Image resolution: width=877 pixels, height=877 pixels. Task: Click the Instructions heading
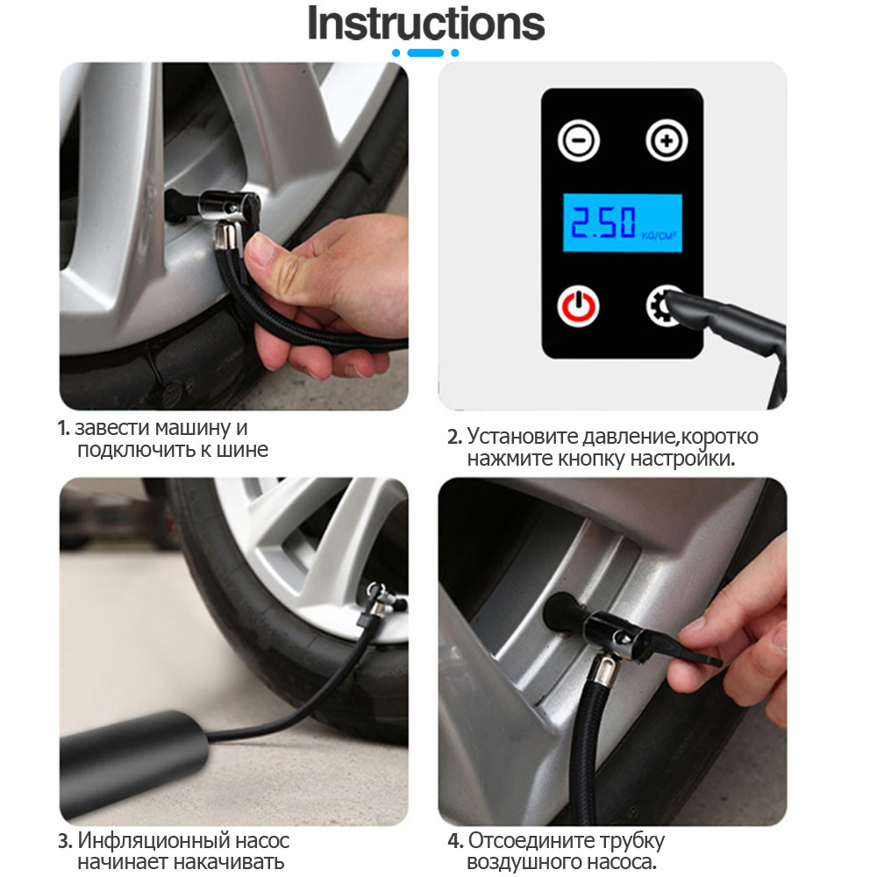(425, 23)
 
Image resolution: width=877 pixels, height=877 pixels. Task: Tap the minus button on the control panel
(578, 139)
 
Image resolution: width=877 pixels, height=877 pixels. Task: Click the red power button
(578, 306)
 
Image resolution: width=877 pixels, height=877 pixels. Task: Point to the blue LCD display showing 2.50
(622, 223)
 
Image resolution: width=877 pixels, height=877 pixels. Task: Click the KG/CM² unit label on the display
(659, 236)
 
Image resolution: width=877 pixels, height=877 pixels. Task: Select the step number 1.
(63, 429)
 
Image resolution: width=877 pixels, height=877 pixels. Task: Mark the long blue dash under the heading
(425, 53)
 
